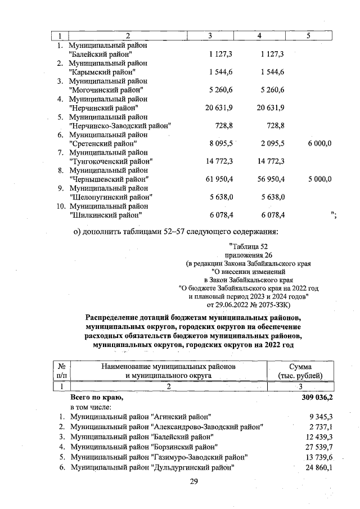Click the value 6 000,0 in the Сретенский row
click(319, 144)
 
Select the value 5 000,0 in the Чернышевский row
click(319, 179)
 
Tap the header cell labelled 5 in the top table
click(308, 36)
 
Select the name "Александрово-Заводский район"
click(208, 427)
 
